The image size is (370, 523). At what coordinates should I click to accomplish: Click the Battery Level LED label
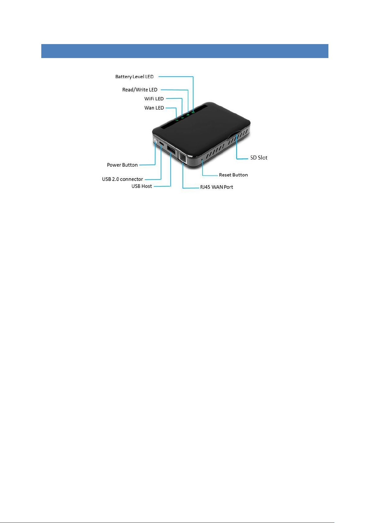(x=134, y=77)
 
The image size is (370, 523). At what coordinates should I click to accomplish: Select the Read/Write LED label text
(x=140, y=90)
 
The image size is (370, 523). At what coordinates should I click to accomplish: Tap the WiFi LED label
(x=154, y=99)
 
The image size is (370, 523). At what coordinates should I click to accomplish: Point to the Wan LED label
(x=154, y=108)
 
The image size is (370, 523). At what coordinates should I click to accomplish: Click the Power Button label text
(x=122, y=165)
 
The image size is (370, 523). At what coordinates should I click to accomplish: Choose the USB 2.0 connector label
(x=123, y=179)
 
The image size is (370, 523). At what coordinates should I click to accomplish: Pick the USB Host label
(x=142, y=186)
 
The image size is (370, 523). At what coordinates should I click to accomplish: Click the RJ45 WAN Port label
(x=216, y=187)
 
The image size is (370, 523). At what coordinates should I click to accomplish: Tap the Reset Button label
(x=233, y=175)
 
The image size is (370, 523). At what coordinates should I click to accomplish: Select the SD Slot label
(x=259, y=158)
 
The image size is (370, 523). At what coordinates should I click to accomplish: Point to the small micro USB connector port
(x=162, y=144)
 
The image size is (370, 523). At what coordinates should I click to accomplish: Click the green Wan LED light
(x=177, y=120)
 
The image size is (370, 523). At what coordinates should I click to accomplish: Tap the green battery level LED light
(x=193, y=112)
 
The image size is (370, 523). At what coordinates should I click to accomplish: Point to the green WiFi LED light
(x=183, y=117)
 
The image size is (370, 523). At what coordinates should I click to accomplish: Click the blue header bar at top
(x=185, y=51)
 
